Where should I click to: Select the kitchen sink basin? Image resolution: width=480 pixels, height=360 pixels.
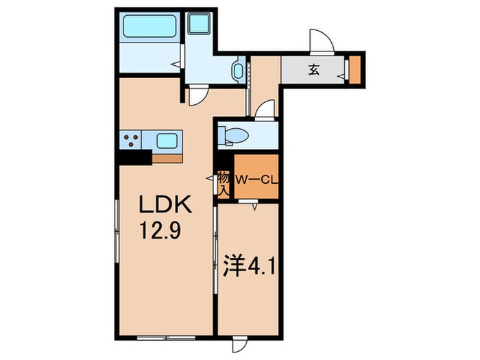[167, 141]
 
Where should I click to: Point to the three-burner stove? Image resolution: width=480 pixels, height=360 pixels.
[132, 141]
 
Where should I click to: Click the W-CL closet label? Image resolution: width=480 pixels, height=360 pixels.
[255, 180]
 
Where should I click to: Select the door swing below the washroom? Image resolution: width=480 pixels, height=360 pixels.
[197, 93]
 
